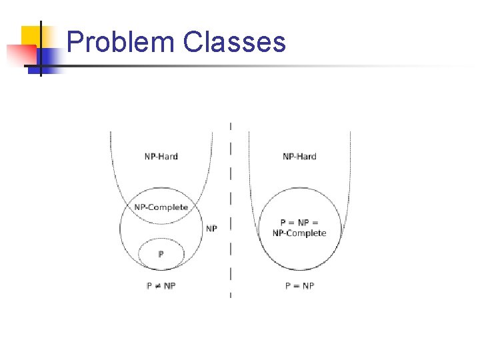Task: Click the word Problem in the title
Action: tap(121, 42)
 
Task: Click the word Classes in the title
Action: tap(233, 42)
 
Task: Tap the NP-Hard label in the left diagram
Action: tap(161, 157)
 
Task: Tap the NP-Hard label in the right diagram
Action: tap(299, 157)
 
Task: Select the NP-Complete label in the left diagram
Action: tap(161, 207)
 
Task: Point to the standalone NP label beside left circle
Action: tap(211, 229)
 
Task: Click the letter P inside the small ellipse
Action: tap(161, 254)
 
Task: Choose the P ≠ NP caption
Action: tap(161, 285)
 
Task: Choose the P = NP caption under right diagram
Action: tap(299, 285)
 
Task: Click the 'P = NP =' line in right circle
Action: tap(299, 223)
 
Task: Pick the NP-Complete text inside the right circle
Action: tap(299, 233)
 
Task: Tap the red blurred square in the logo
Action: tap(20, 53)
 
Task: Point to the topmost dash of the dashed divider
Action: tap(231, 125)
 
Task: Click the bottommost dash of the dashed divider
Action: tap(231, 294)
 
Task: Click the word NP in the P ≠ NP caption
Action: tap(169, 285)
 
